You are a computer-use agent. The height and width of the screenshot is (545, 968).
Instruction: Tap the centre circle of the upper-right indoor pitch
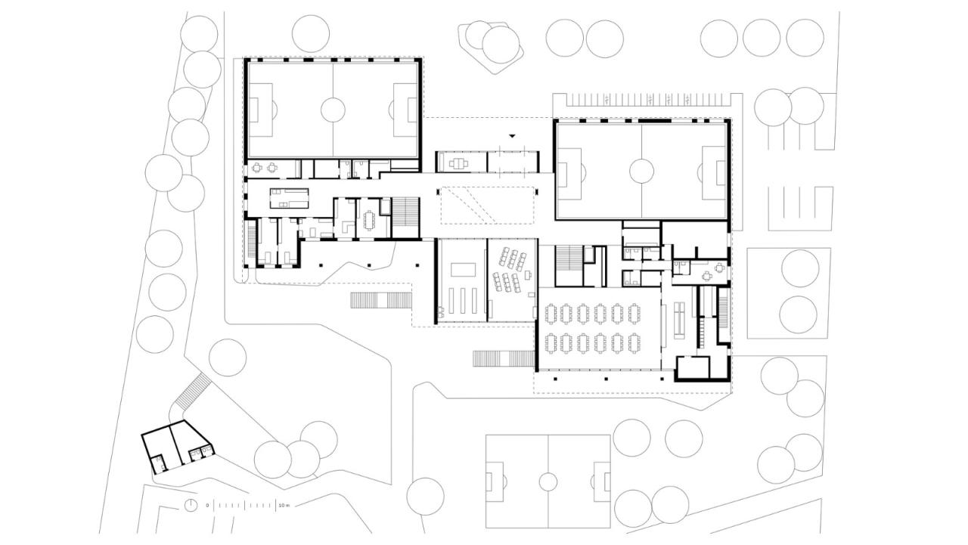641,171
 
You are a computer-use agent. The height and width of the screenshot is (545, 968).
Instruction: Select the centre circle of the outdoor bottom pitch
548,481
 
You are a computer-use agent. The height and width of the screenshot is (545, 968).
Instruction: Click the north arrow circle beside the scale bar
191,504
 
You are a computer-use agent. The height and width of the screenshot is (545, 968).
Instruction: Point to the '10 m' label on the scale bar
284,504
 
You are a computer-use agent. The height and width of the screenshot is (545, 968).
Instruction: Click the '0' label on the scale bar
207,504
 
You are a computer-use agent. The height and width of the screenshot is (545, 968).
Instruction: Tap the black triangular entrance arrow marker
512,136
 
